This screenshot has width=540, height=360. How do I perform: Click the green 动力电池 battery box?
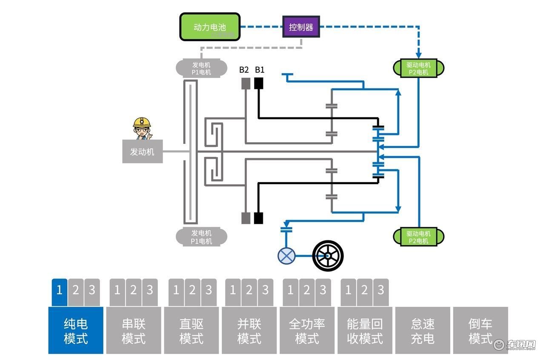click(210, 27)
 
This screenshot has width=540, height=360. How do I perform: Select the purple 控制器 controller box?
click(301, 27)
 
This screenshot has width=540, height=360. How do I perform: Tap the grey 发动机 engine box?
click(143, 151)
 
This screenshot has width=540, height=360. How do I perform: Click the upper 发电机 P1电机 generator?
click(201, 68)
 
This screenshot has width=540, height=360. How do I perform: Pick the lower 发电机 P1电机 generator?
click(201, 237)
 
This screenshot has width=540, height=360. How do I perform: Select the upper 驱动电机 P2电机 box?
click(418, 68)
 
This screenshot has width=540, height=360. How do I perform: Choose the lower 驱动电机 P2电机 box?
click(418, 237)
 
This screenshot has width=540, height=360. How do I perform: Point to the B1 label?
click(260, 70)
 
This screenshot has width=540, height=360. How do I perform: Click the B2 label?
click(244, 70)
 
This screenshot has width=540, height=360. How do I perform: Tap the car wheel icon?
click(328, 256)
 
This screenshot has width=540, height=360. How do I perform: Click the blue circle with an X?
click(286, 256)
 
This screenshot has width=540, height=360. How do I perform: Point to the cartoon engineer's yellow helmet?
click(142, 122)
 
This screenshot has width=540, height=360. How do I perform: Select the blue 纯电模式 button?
click(76, 330)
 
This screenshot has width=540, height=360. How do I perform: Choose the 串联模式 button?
click(134, 330)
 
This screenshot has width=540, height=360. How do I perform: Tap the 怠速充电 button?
click(423, 330)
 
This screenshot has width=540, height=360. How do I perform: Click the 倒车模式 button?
click(480, 330)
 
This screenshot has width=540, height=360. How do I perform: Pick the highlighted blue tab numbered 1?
click(60, 292)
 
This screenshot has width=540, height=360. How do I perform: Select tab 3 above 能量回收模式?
click(381, 292)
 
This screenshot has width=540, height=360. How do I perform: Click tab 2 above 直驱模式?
click(192, 292)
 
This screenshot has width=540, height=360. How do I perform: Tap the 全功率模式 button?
click(307, 330)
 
